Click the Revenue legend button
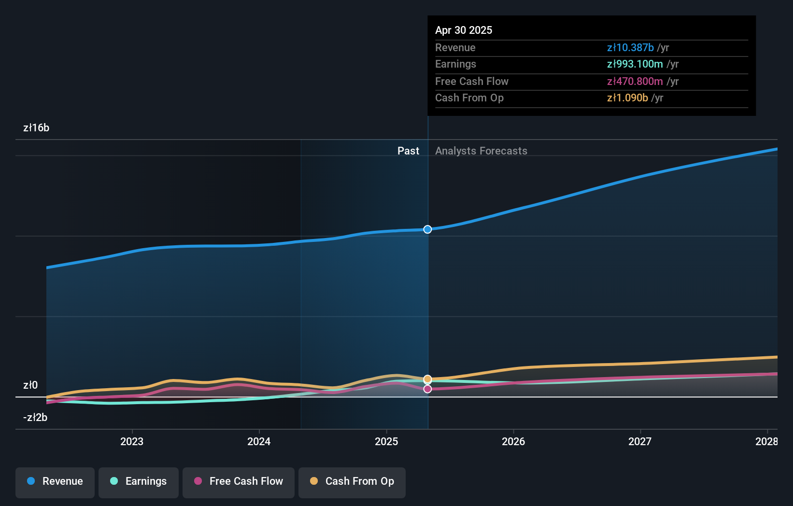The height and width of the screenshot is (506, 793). (55, 481)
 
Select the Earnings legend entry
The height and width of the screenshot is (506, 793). (139, 481)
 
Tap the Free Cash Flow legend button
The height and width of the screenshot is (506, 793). (239, 481)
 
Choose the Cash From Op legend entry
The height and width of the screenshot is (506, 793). (352, 481)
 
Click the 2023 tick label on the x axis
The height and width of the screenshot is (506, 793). (132, 441)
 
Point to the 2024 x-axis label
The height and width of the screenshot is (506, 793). (259, 441)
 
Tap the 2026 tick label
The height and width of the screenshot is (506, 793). (513, 441)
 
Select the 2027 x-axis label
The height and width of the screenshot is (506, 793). (640, 441)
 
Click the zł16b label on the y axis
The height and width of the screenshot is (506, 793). (36, 128)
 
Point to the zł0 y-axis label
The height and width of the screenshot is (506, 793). (30, 385)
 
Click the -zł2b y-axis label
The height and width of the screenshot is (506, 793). (35, 417)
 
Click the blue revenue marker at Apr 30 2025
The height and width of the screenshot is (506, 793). (427, 229)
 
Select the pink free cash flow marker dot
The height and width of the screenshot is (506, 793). (427, 389)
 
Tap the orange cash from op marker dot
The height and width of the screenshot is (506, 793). (427, 379)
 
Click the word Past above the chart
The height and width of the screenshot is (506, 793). (408, 151)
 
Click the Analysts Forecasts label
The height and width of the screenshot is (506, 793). (481, 151)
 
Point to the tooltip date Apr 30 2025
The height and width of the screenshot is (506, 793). (464, 30)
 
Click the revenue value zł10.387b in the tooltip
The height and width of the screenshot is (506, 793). (630, 47)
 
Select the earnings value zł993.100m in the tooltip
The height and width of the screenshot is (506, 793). (635, 64)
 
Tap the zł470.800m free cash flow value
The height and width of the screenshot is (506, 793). (635, 81)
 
